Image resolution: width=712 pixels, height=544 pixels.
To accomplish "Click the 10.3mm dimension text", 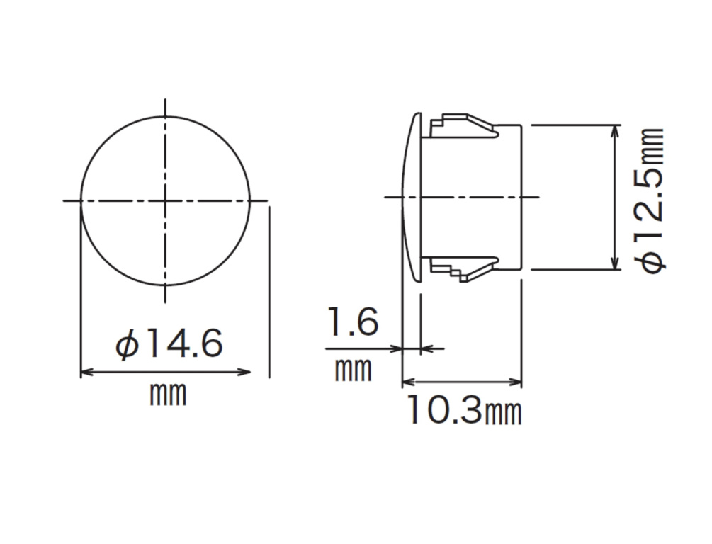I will tap(464, 410).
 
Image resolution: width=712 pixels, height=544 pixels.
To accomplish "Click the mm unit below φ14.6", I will tap(168, 394).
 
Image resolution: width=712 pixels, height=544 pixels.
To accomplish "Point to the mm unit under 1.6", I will tap(352, 369).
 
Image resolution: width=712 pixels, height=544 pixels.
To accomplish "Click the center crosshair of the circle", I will tap(166, 200).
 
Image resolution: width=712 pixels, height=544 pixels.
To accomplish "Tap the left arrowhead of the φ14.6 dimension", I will tap(86, 372).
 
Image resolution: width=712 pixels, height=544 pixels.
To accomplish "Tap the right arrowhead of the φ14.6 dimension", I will tap(246, 372).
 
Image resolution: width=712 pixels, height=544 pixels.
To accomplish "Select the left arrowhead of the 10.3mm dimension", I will tap(407, 383).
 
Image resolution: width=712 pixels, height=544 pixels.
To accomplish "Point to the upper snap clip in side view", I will tap(464, 125).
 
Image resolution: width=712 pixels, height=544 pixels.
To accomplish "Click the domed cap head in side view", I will tap(412, 198).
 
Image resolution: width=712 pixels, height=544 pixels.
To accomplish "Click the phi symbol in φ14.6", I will tap(127, 346).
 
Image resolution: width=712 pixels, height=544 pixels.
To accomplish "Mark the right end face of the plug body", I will tap(521, 198).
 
